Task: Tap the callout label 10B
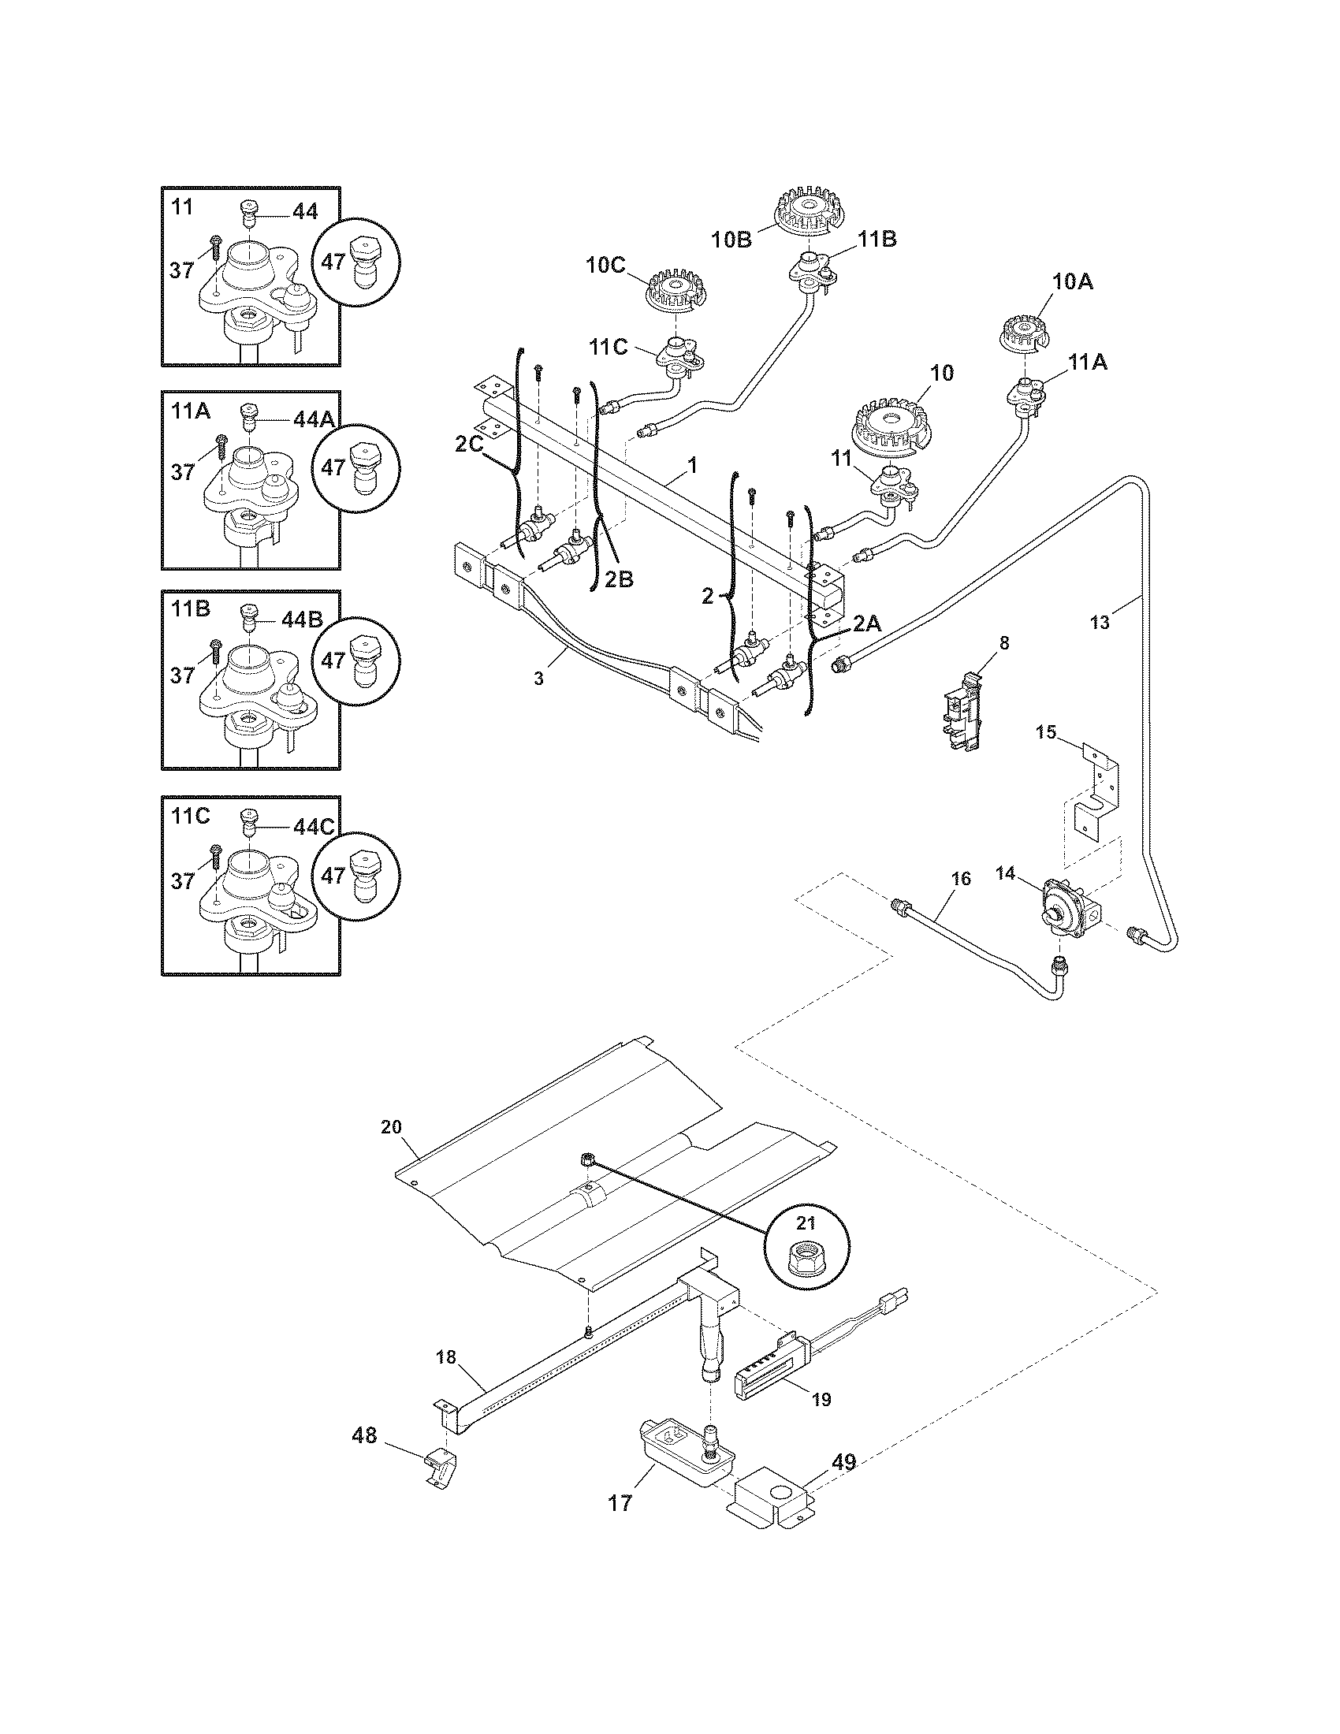coord(731,239)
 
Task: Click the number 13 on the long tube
coord(1100,623)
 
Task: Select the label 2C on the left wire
coord(469,445)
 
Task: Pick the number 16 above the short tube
coord(961,878)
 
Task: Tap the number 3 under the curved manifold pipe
coord(538,679)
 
